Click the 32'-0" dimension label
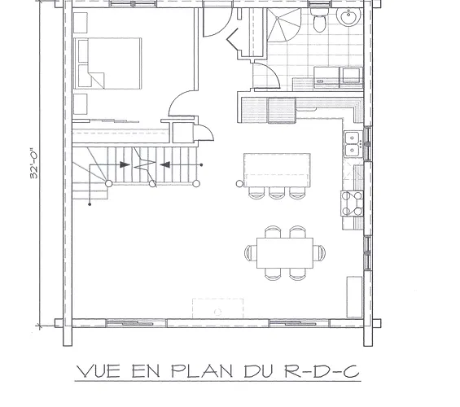(x=34, y=164)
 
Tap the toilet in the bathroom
(x=318, y=20)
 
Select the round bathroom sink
(x=348, y=17)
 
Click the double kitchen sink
(x=352, y=144)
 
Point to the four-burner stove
(x=352, y=203)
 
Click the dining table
(x=285, y=253)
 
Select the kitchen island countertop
(x=278, y=170)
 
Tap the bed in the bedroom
(x=107, y=63)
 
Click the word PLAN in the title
(x=202, y=371)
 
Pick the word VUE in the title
(x=99, y=371)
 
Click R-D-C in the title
(x=322, y=371)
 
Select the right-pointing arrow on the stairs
(x=125, y=164)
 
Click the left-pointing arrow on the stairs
(x=165, y=164)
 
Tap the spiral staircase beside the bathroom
(x=283, y=25)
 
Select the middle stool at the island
(x=277, y=193)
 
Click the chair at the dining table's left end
(x=250, y=253)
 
